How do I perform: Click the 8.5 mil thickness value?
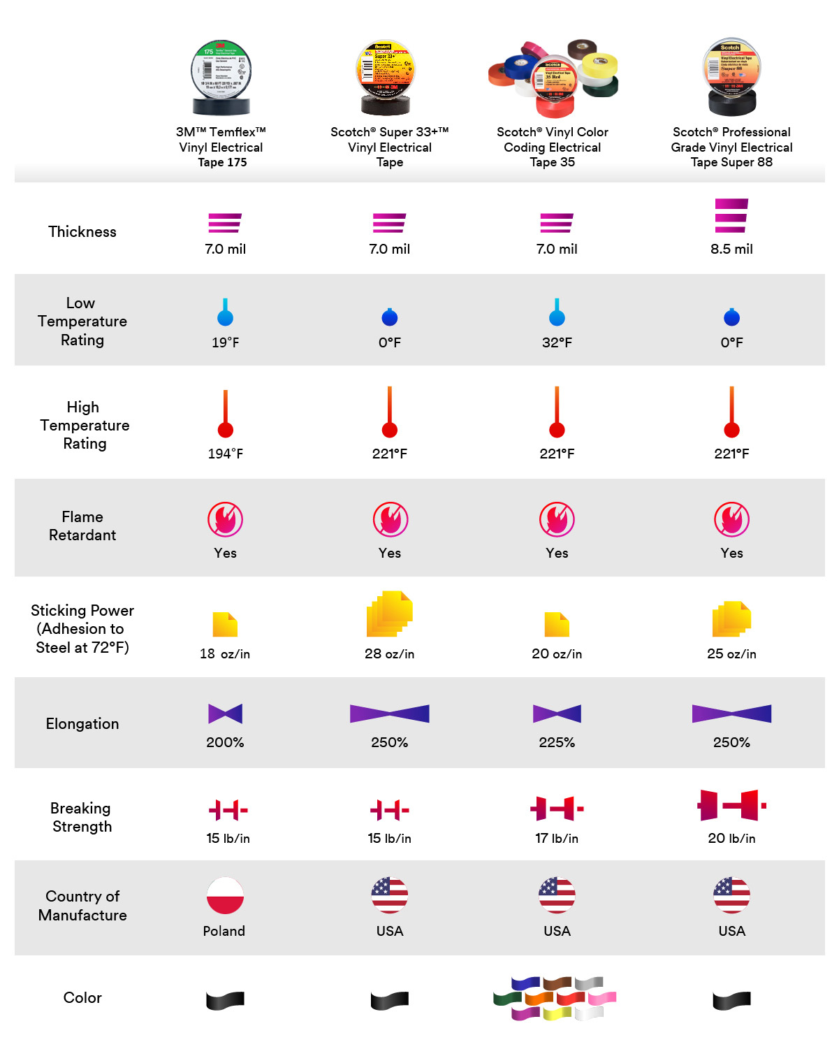point(731,249)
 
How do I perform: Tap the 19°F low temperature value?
point(225,342)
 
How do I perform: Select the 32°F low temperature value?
point(557,342)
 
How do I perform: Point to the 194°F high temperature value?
point(225,454)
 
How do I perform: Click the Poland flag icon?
point(225,895)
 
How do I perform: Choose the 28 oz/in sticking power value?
point(389,654)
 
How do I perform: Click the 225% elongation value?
point(557,742)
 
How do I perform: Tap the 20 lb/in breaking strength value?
point(731,838)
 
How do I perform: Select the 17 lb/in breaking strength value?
point(557,838)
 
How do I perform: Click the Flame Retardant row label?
point(82,526)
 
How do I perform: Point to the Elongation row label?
point(82,723)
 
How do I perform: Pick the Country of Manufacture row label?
point(82,905)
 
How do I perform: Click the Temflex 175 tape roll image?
point(221,77)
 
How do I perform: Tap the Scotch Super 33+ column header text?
point(389,147)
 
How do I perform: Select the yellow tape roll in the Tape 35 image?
point(599,66)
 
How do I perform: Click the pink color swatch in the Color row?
point(602,997)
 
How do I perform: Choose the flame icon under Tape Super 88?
point(731,519)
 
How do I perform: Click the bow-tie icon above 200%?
point(225,714)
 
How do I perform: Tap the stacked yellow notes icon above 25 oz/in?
point(731,619)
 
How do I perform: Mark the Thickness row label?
point(82,231)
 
